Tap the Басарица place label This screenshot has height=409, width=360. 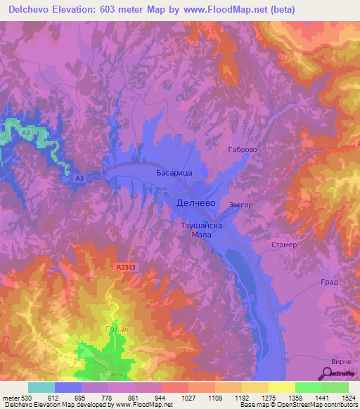coord(174,171)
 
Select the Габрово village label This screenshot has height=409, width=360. coord(245,149)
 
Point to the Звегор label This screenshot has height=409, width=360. coord(240,205)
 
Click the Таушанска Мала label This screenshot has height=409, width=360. coord(202,231)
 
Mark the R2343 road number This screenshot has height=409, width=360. coord(127,268)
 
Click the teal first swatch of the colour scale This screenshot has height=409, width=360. coord(41,387)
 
